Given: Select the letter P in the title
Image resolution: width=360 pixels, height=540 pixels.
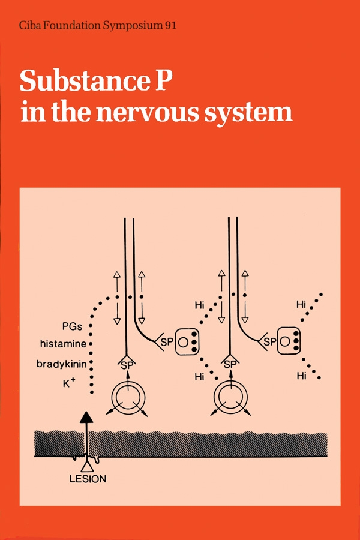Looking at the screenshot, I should [x=165, y=82].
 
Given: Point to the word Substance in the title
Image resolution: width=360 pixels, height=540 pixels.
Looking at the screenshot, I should [x=86, y=82].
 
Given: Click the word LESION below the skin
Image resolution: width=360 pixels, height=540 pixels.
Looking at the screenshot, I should [x=88, y=478].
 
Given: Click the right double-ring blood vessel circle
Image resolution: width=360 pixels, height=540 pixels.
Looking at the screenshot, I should [x=231, y=397].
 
